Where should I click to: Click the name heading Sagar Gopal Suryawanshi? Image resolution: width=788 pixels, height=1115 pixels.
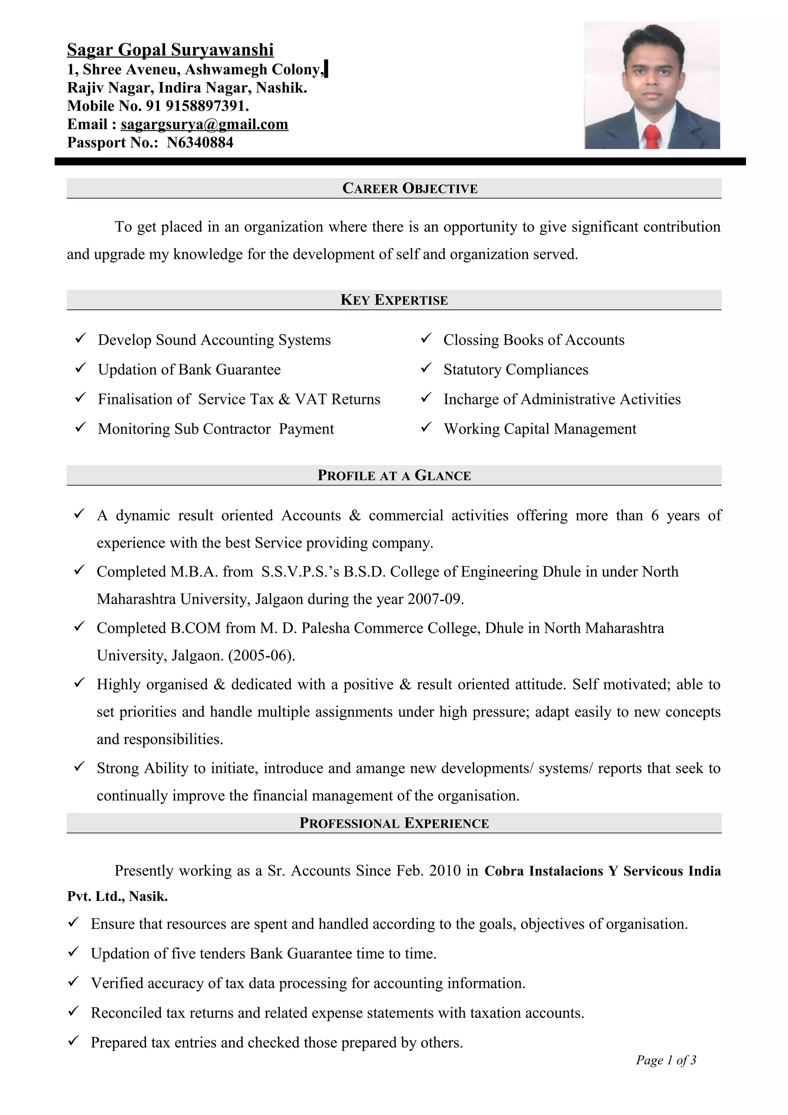coord(170,50)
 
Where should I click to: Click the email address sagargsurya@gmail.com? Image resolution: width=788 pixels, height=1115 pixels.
coord(204,124)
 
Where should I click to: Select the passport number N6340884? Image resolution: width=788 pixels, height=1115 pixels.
coord(200,143)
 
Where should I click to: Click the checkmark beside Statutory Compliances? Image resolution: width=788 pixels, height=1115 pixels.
coord(426,368)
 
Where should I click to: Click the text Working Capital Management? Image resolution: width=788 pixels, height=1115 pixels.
coord(539,429)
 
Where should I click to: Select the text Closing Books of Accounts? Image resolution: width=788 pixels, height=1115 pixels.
coord(534,340)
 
